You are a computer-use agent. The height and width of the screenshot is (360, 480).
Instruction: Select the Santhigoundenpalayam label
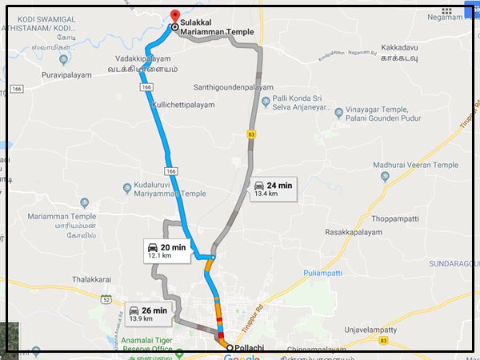point(234,87)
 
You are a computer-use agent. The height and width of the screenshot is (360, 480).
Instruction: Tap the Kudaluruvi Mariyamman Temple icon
point(127,189)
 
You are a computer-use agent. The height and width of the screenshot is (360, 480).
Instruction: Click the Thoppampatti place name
point(396,218)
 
